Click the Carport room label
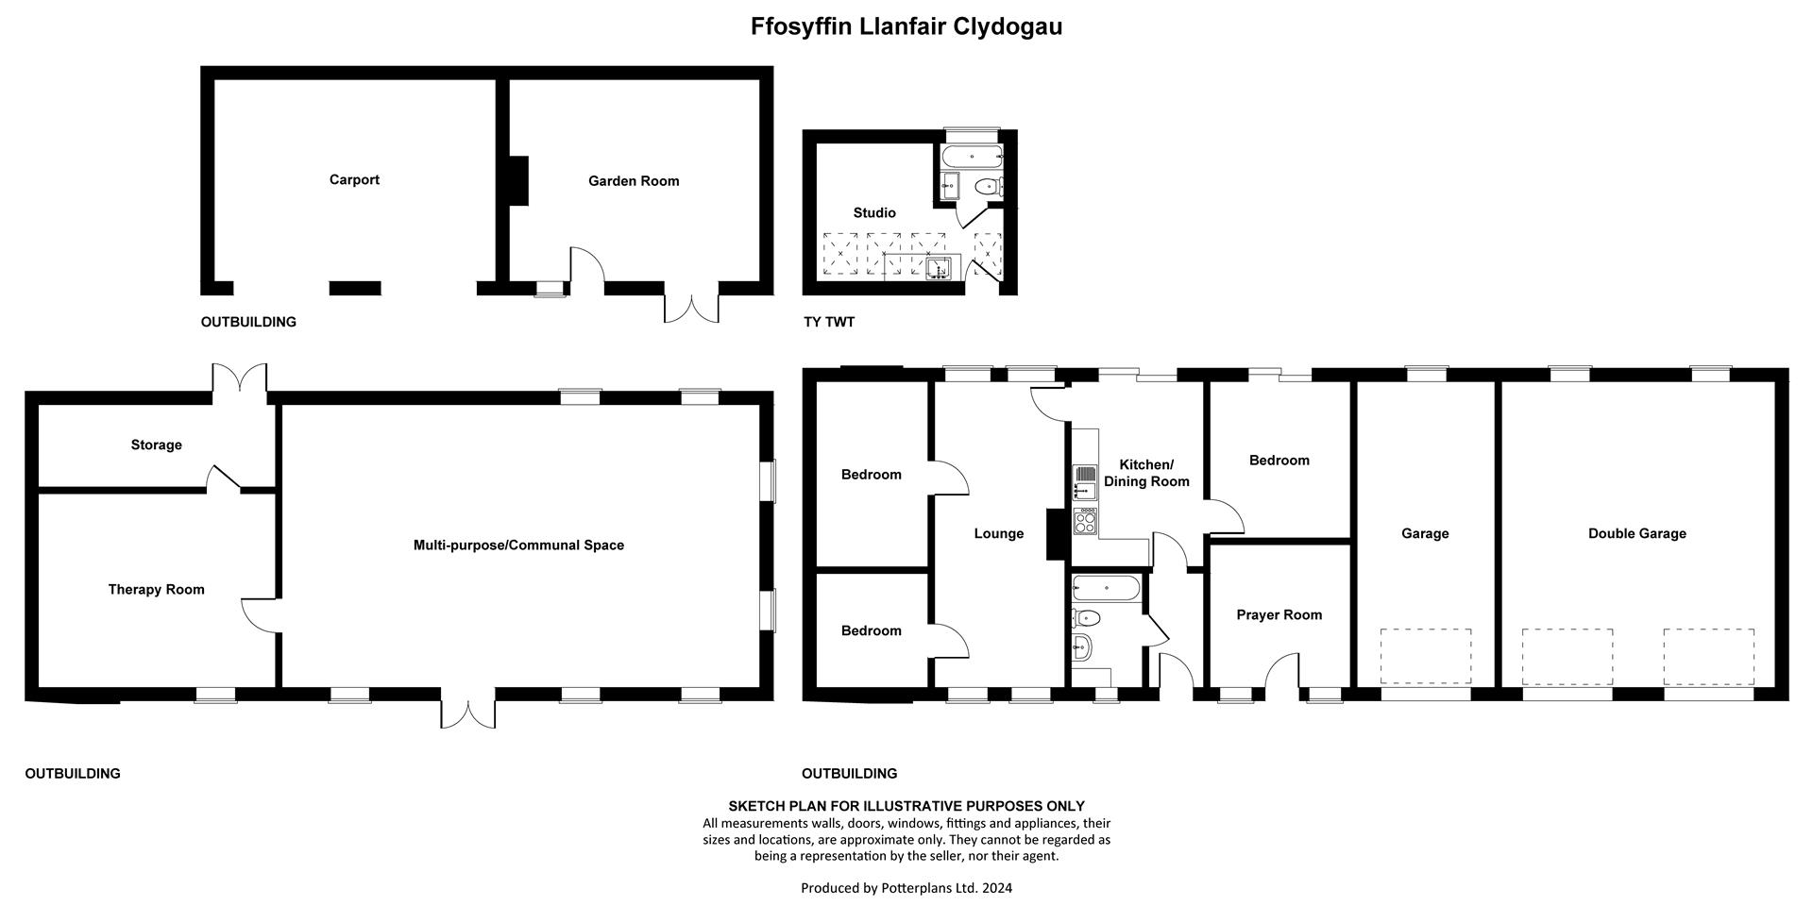[354, 180]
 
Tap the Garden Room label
[634, 181]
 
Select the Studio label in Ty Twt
[874, 213]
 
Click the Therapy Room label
[156, 590]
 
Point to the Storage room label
[157, 445]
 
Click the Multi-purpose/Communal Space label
[518, 545]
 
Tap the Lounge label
[999, 534]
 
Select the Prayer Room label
[1279, 615]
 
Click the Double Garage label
[1637, 534]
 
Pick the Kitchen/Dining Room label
[1146, 473]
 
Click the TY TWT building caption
[829, 322]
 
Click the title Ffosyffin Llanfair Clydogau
[906, 26]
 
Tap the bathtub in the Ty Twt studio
[972, 157]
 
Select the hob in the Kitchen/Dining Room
[1086, 522]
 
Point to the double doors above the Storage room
[240, 378]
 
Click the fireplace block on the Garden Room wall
[518, 180]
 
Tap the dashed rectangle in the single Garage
[1426, 657]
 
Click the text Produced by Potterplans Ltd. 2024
[906, 888]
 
